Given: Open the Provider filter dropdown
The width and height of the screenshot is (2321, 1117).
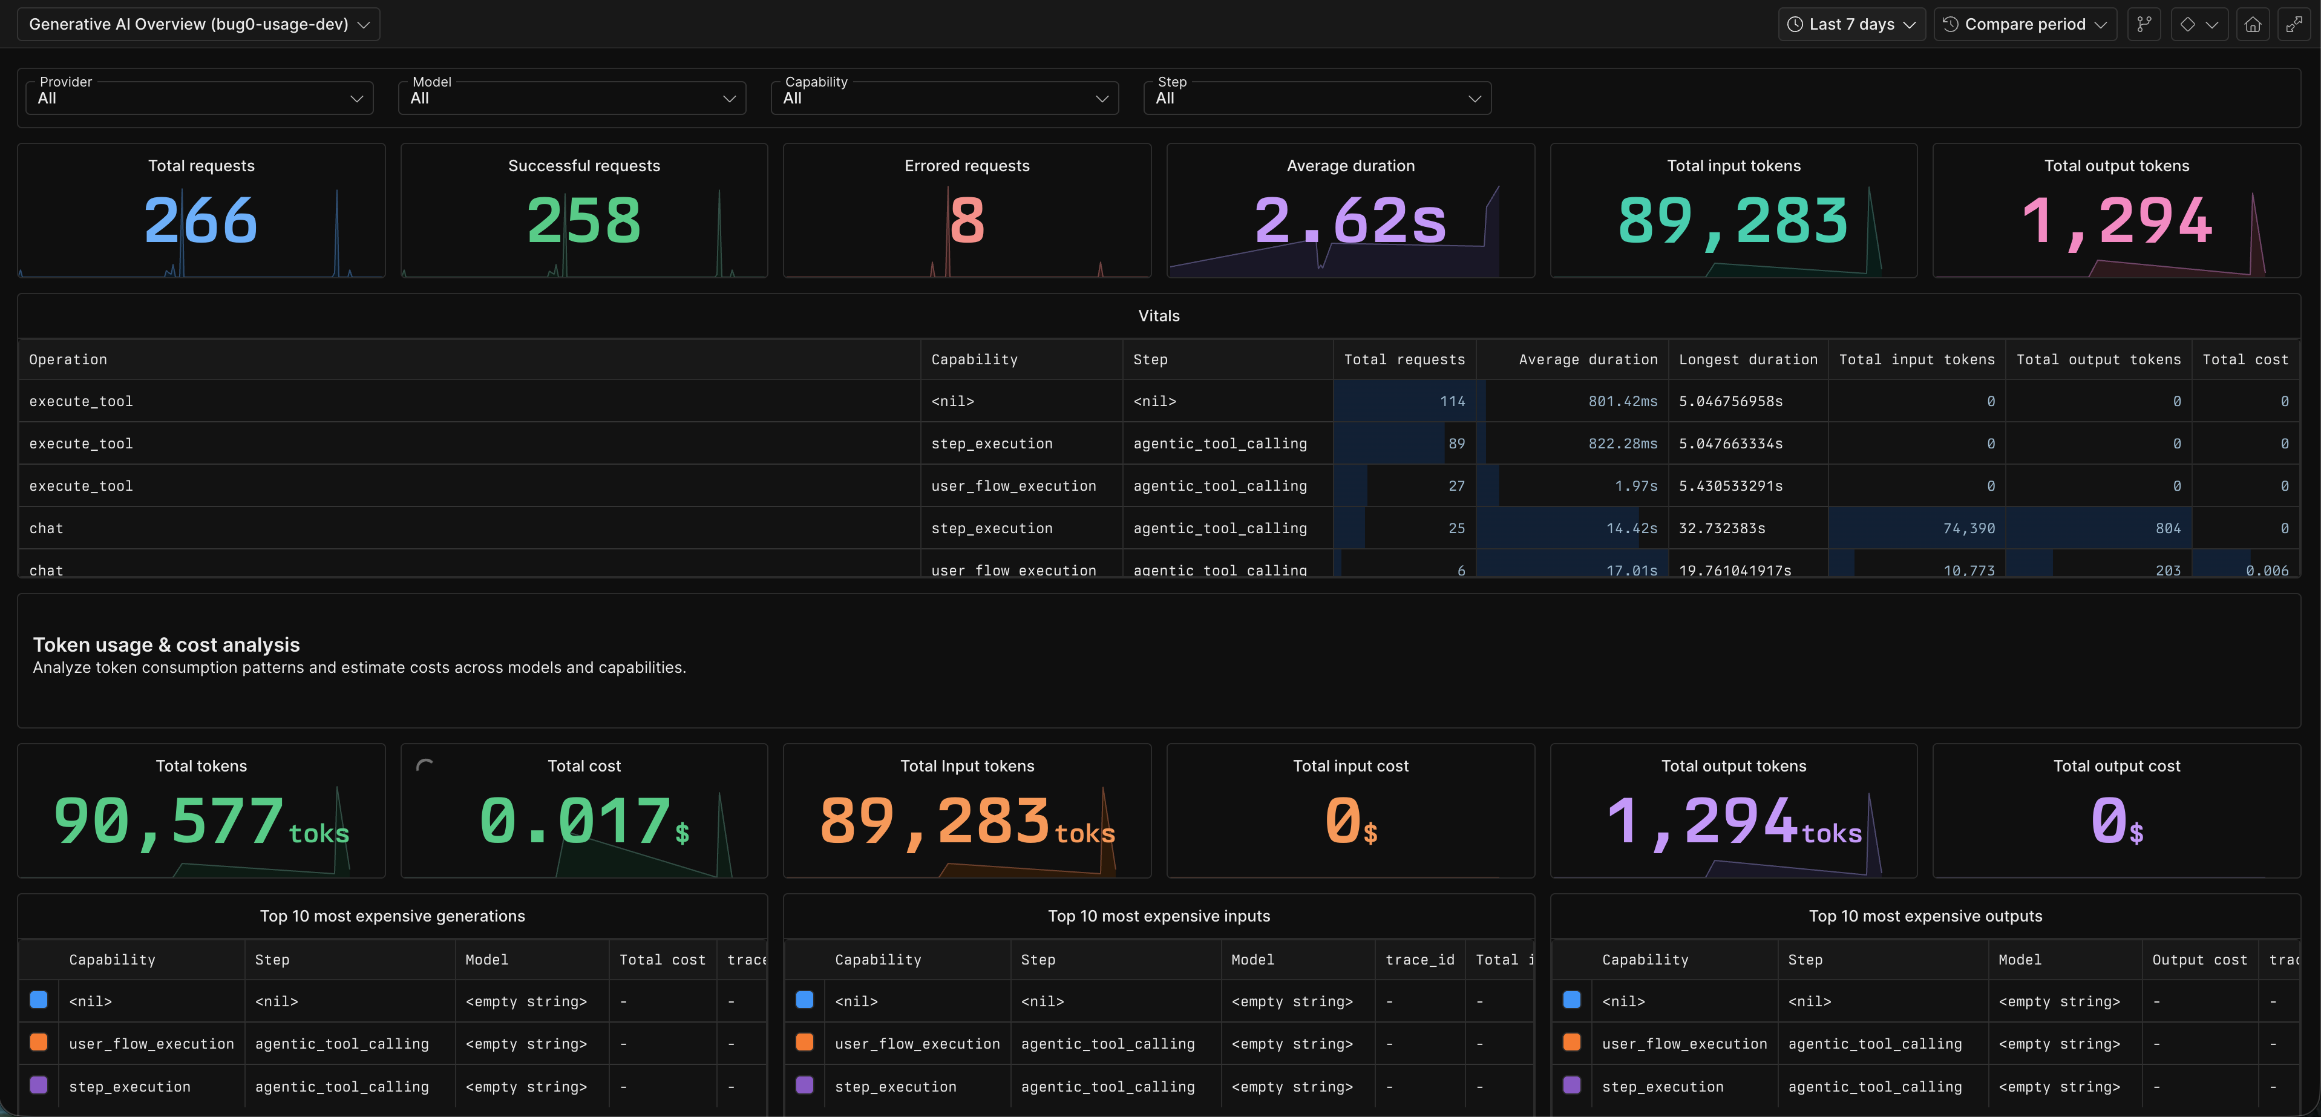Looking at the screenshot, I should click(x=200, y=97).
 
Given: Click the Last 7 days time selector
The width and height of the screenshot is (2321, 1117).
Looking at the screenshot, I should click(x=1851, y=24).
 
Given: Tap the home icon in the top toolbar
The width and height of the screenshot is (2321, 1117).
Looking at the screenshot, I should click(x=2251, y=24).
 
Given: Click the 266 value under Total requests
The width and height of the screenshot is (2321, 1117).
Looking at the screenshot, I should click(x=200, y=221).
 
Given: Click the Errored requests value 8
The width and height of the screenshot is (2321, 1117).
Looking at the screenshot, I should click(x=967, y=221).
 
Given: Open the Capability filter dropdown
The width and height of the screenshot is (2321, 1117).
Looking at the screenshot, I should click(x=944, y=97).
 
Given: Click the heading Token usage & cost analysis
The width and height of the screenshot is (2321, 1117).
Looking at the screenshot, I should click(x=166, y=645).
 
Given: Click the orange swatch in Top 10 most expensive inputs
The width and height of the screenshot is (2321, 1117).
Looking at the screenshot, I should click(x=805, y=1042).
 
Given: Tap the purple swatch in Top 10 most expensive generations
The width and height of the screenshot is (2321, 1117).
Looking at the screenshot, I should click(x=39, y=1086).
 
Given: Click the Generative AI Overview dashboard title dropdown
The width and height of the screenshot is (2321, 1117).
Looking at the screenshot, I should click(x=198, y=24).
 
